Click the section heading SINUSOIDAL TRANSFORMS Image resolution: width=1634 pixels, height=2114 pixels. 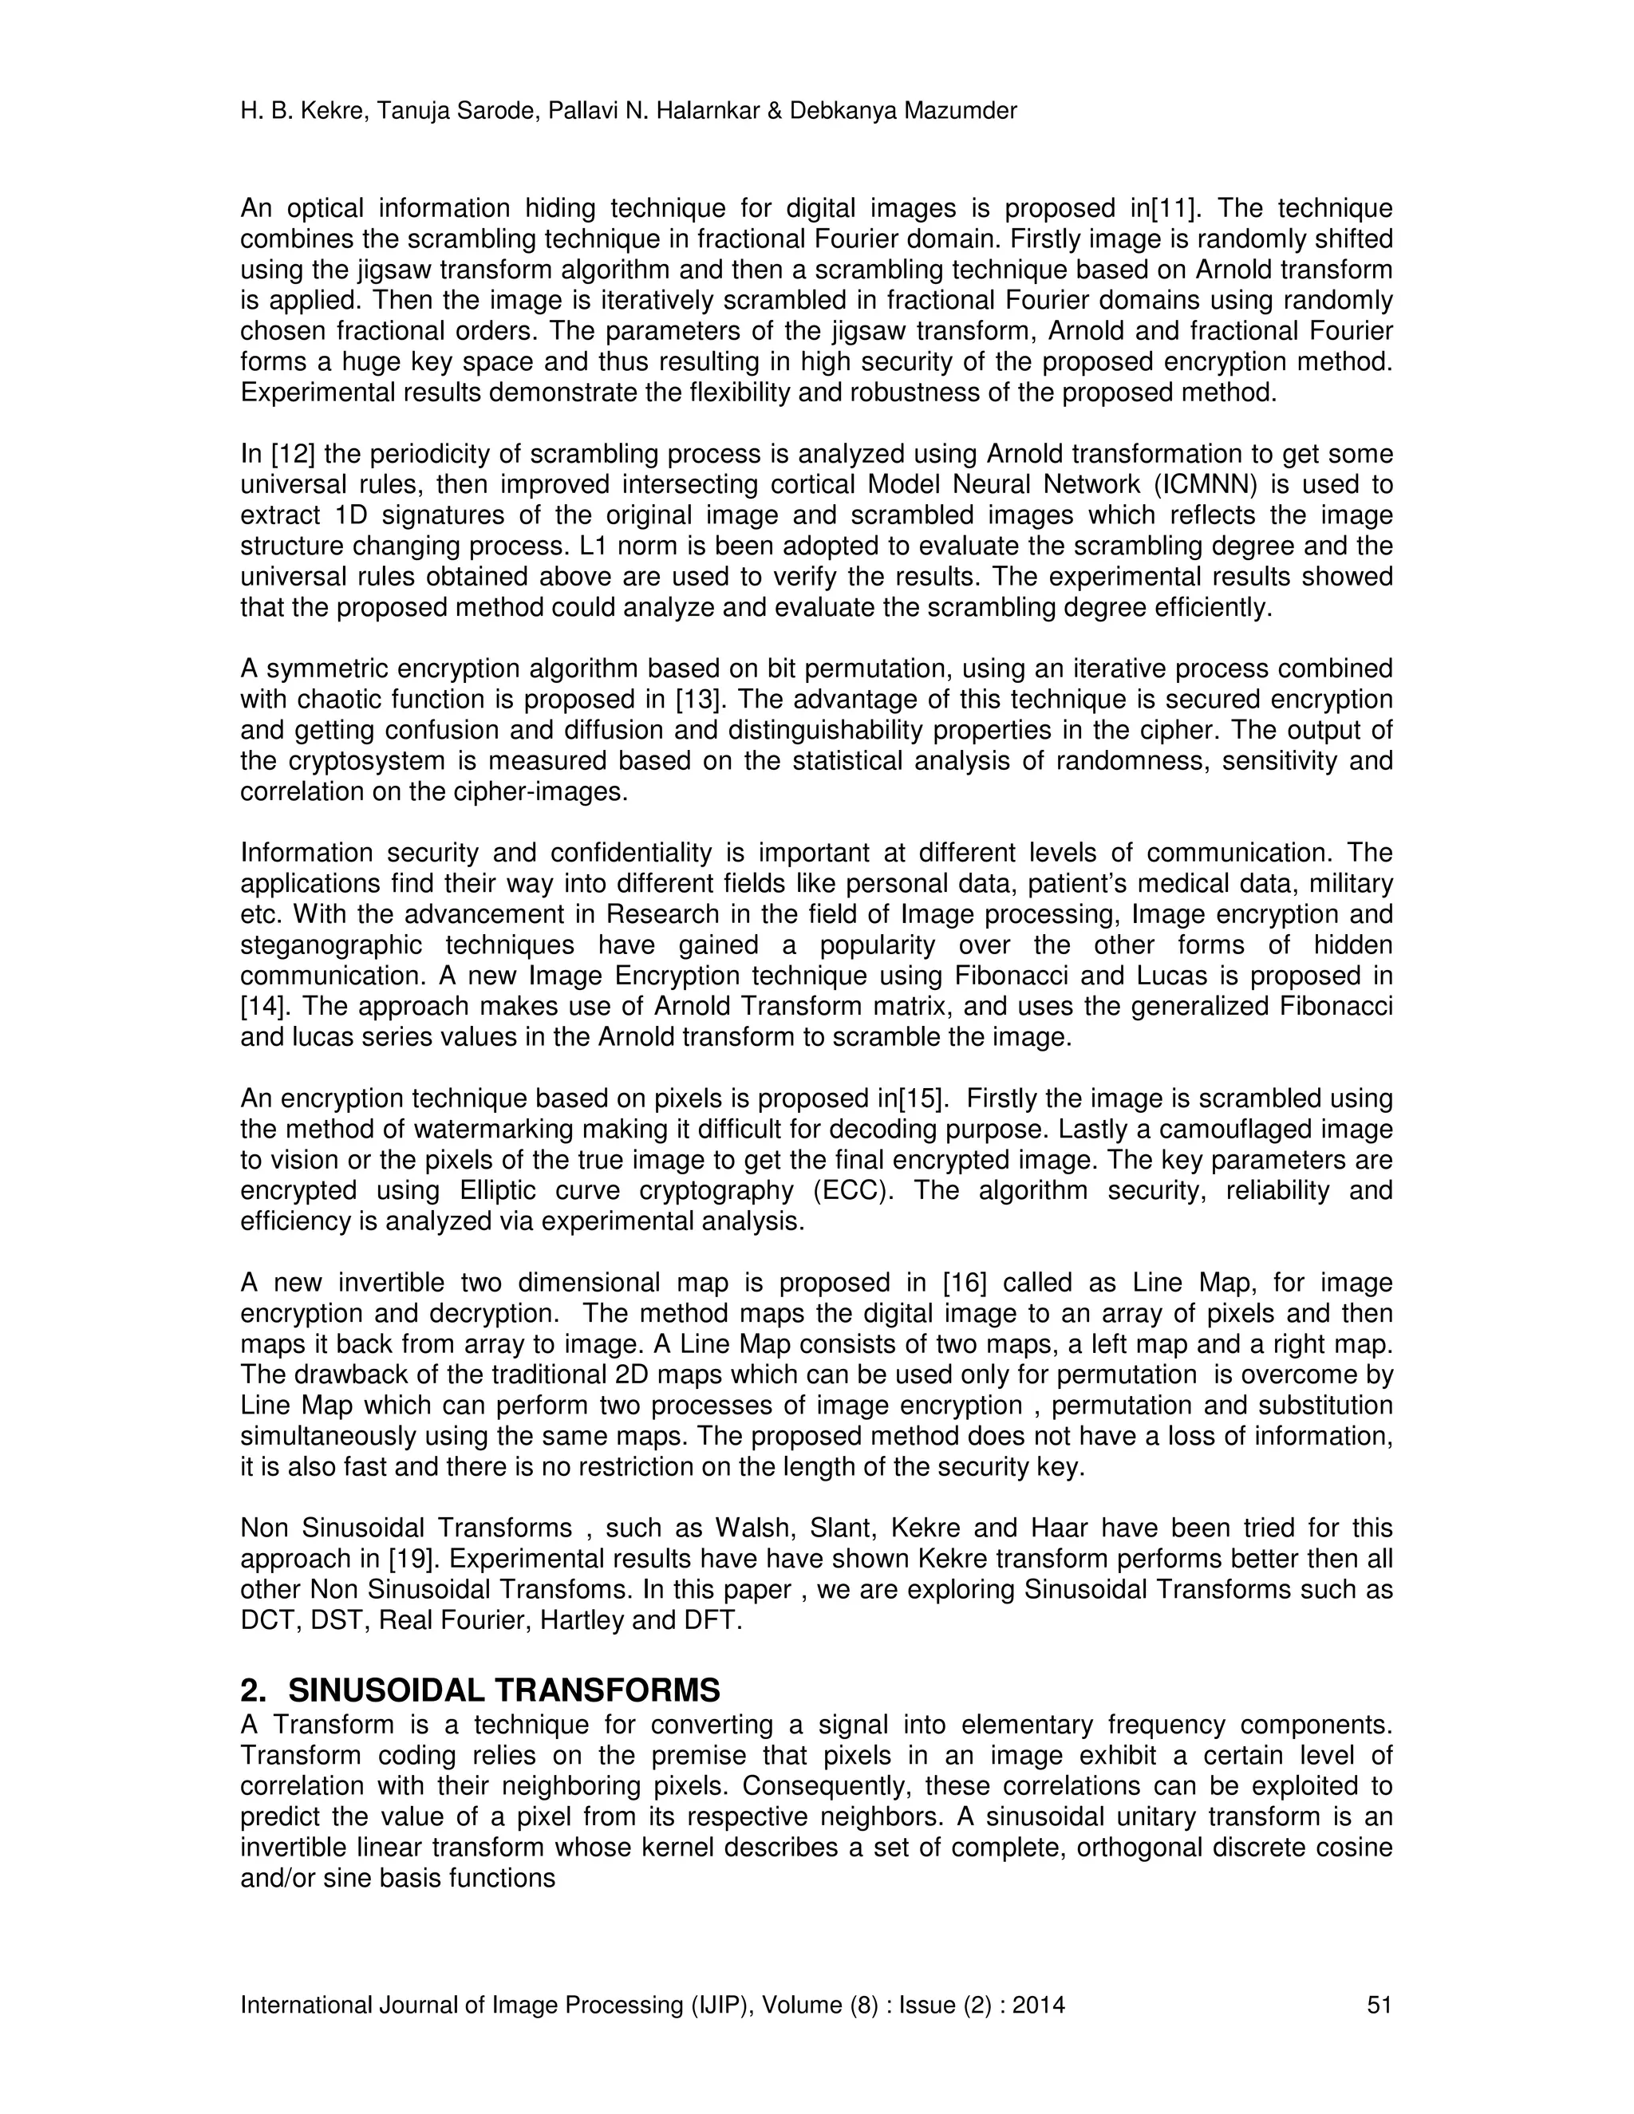tap(503, 1691)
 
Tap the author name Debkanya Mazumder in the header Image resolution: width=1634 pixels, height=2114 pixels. tap(903, 112)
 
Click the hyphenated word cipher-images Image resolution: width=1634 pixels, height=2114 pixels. tap(540, 792)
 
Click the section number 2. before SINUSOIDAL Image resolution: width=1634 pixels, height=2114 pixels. tap(254, 1691)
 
